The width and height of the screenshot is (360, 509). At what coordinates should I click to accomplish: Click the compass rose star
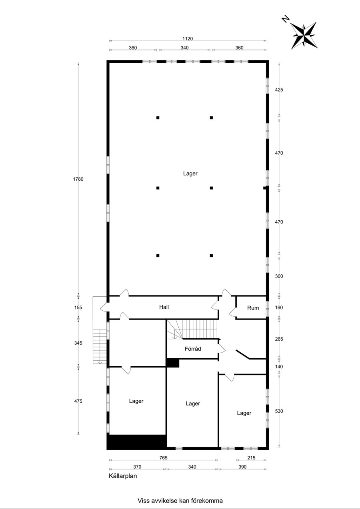(304, 36)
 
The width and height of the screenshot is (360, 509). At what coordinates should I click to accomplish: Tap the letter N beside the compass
(286, 19)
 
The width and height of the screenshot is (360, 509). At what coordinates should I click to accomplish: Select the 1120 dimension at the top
(188, 39)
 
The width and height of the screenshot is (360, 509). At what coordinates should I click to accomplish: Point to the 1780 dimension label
(78, 179)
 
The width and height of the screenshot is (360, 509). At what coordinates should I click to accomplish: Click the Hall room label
(164, 307)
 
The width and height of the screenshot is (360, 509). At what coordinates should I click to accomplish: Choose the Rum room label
(253, 308)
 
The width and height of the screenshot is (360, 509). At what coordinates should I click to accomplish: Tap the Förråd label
(193, 349)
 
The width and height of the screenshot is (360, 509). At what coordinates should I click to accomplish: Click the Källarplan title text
(123, 476)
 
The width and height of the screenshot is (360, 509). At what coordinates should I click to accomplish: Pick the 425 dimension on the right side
(279, 90)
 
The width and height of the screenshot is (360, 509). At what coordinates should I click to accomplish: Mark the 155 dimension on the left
(78, 307)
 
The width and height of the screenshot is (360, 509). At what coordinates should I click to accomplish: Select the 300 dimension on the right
(279, 276)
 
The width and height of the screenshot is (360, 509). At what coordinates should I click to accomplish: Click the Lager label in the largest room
(190, 174)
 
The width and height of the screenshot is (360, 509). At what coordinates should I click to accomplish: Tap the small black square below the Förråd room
(173, 363)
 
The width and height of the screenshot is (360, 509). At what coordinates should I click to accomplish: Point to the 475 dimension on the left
(78, 401)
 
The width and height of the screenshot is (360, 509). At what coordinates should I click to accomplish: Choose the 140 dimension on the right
(279, 367)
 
